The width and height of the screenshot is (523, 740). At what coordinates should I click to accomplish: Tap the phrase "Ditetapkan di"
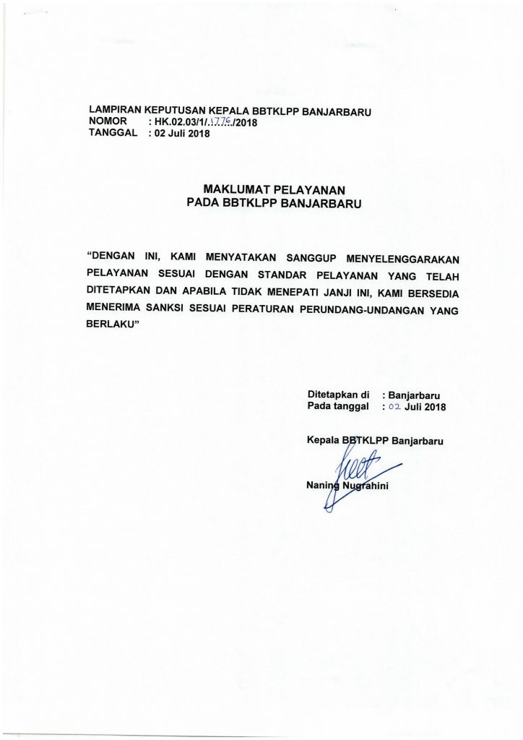point(339,395)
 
